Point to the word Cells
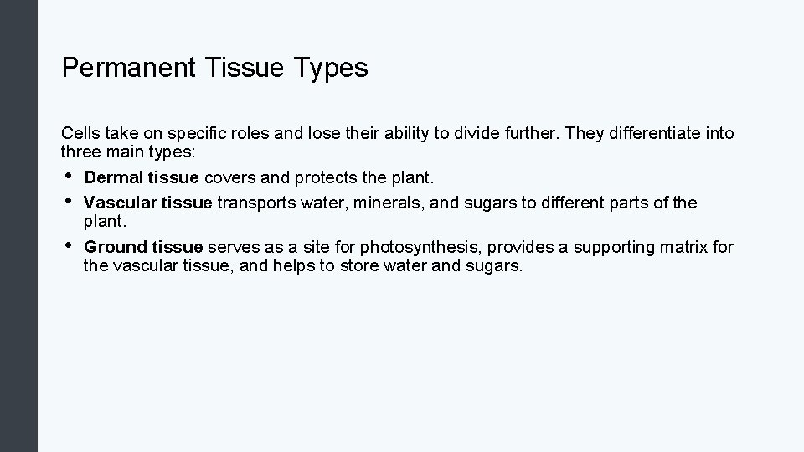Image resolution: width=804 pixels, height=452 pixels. tap(80, 133)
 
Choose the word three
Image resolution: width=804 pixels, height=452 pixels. tap(80, 152)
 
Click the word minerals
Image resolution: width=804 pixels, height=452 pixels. tap(388, 203)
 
